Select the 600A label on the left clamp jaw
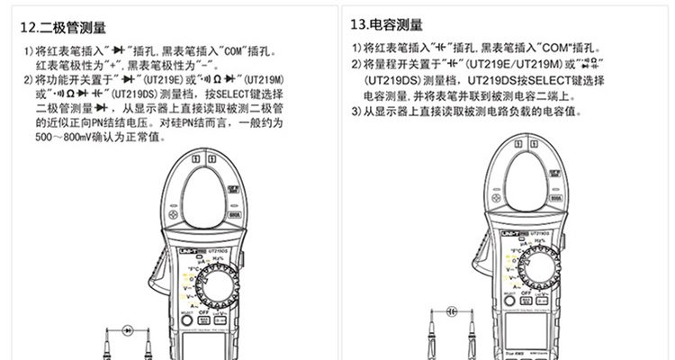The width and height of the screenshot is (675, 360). point(234,213)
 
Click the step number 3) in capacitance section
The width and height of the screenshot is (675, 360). point(357,112)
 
